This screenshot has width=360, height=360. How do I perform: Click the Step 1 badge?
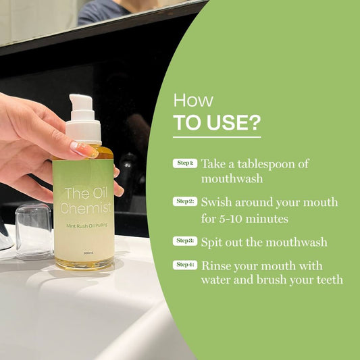tap(184, 163)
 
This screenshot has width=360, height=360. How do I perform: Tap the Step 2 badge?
tap(184, 201)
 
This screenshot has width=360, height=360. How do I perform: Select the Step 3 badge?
tap(184, 240)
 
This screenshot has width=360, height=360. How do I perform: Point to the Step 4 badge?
tap(184, 265)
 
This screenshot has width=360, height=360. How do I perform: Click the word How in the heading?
tap(193, 101)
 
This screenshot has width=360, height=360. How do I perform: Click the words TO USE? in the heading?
tap(216, 124)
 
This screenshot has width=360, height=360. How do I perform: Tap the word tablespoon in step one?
tap(271, 164)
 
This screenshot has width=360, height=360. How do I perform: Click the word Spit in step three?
tap(213, 241)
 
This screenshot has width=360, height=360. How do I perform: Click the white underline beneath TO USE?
tap(216, 138)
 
